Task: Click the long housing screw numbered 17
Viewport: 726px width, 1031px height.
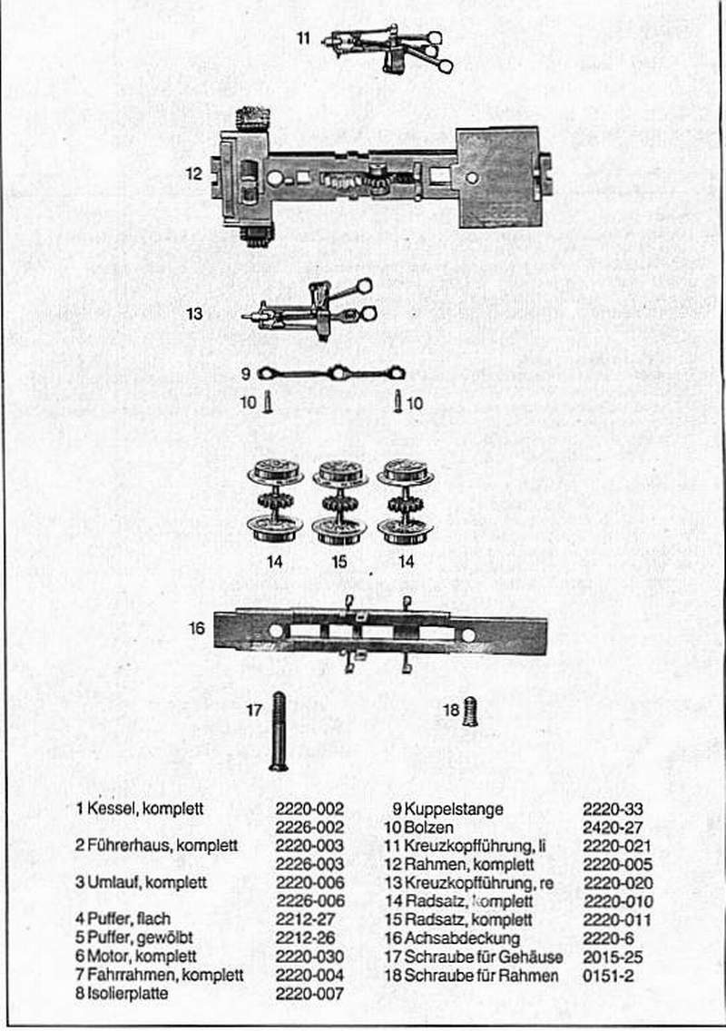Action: click(279, 731)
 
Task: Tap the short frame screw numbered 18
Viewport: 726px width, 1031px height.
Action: click(469, 711)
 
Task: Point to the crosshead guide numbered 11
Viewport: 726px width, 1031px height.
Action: click(390, 46)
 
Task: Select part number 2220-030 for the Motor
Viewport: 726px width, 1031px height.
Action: click(309, 956)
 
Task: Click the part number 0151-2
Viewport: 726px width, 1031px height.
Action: click(609, 975)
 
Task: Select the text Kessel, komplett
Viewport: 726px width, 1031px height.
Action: click(139, 808)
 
